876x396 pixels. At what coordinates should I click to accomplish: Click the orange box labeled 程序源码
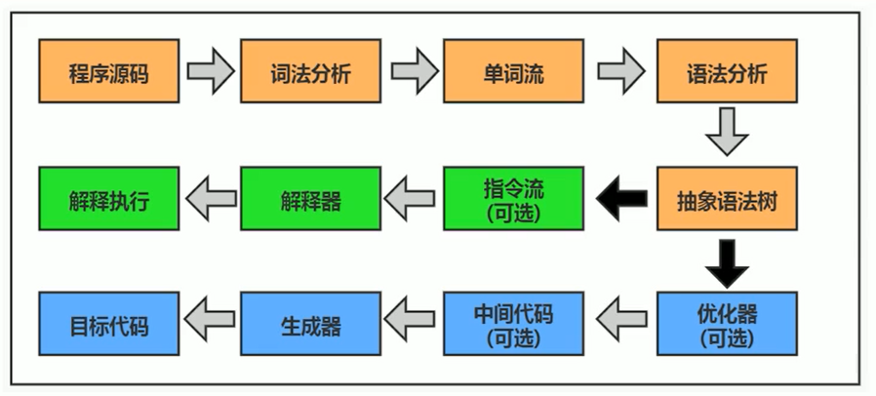point(109,71)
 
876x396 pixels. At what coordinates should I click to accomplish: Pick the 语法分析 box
point(728,71)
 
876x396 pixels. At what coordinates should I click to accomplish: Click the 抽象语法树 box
point(728,199)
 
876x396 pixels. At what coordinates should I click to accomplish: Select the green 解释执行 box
point(109,199)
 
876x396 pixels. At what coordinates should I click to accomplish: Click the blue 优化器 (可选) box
point(728,325)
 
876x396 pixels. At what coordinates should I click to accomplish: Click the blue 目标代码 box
point(109,325)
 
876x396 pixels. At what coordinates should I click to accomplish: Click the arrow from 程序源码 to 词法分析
point(210,71)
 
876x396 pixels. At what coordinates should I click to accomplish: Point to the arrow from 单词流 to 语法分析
point(620,71)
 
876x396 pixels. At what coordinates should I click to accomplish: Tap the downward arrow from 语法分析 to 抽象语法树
point(728,134)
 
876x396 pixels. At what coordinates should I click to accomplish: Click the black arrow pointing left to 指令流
point(620,199)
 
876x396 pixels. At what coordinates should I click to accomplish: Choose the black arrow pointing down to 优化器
point(728,260)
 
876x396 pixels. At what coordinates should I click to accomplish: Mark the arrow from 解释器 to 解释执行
point(210,199)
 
